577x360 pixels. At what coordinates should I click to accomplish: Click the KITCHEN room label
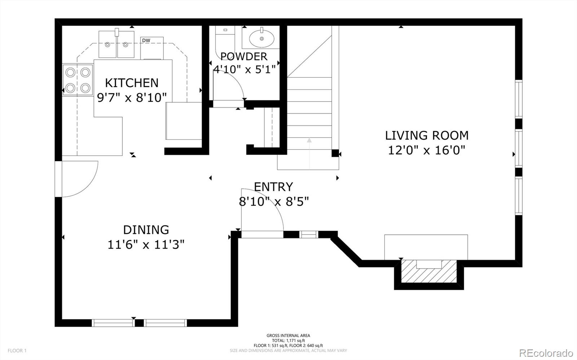tap(132, 83)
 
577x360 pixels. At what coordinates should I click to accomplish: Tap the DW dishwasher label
tap(146, 40)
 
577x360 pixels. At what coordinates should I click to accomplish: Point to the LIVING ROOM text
tap(427, 135)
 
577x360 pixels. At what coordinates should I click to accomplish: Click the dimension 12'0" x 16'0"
tap(427, 150)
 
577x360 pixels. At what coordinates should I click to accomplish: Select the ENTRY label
tap(273, 187)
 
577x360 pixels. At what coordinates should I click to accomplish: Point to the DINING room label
tap(146, 230)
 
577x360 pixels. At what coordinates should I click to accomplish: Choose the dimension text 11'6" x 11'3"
tap(146, 245)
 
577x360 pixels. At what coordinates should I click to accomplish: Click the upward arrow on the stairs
tap(309, 141)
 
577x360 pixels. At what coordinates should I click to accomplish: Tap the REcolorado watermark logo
tap(548, 352)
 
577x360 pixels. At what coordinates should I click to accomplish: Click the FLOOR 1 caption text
tap(17, 351)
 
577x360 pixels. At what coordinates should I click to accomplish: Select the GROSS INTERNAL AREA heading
tap(288, 335)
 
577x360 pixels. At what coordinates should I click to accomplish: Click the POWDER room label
tap(244, 56)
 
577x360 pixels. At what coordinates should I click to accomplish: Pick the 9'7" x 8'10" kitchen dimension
tap(132, 97)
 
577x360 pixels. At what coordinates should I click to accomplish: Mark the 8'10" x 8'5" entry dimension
tap(274, 201)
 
